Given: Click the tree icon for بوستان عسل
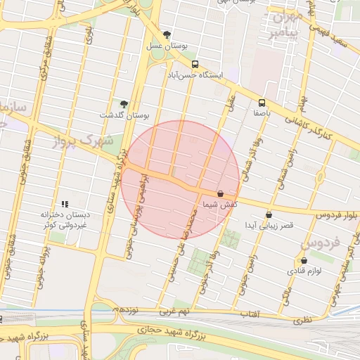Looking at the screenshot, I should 167,34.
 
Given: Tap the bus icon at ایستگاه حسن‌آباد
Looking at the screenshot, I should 195,63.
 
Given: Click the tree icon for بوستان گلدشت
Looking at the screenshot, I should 124,104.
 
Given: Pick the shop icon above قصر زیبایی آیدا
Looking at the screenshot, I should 269,215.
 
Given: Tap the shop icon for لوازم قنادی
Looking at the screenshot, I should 295,260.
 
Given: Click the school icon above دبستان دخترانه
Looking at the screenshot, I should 65,204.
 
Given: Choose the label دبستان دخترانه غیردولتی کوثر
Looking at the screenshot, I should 65,219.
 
